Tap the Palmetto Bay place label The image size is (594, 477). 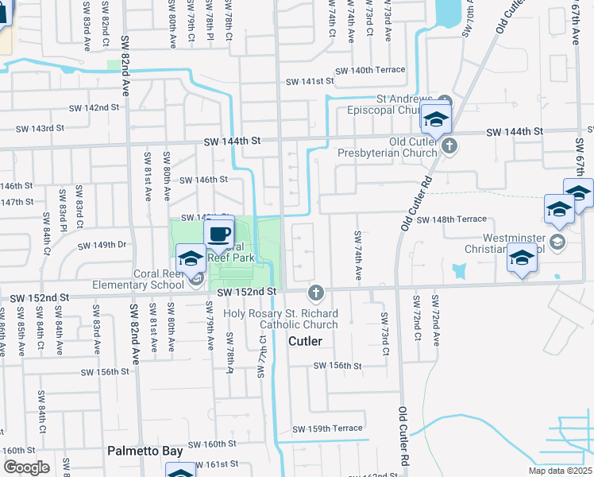tap(145, 451)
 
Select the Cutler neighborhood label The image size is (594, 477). tap(305, 341)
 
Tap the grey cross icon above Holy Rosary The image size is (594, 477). tap(315, 293)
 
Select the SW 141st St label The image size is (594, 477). tap(310, 81)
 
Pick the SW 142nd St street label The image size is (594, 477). tap(94, 107)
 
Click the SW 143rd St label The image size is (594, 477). tap(39, 128)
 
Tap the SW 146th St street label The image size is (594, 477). tap(204, 180)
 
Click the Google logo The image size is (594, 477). tap(27, 467)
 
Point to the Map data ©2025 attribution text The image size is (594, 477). tap(560, 471)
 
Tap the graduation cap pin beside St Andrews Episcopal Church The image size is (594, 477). tap(436, 120)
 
